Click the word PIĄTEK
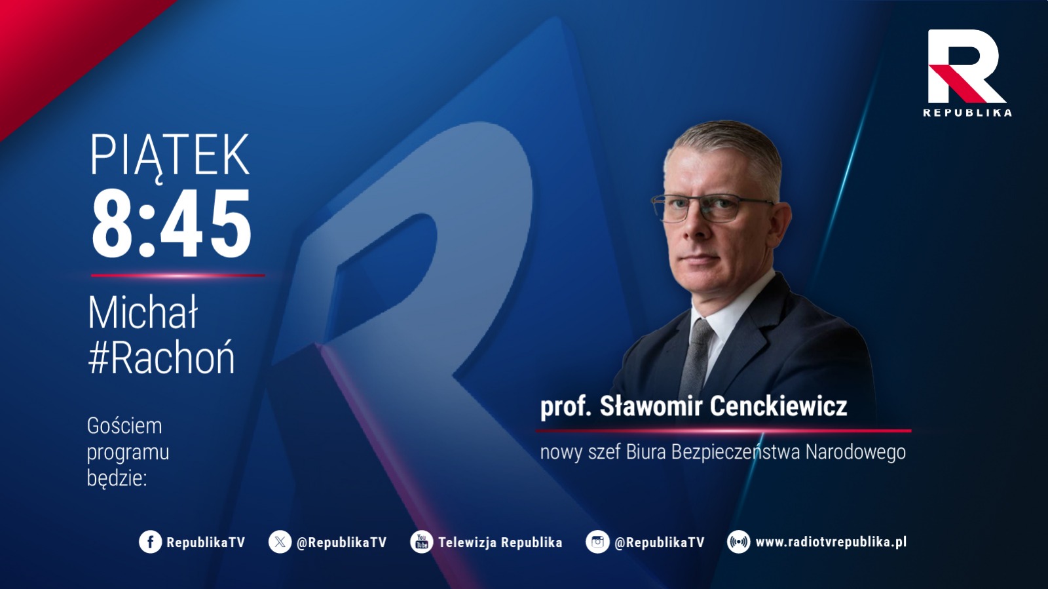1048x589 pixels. click(170, 155)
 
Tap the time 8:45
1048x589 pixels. click(172, 223)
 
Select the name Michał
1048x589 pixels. click(143, 313)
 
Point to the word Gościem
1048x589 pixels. click(124, 427)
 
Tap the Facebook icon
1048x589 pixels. click(150, 542)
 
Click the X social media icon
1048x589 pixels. click(280, 542)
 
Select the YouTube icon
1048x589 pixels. click(422, 542)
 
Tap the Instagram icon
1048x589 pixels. click(597, 542)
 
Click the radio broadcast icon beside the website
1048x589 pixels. click(738, 542)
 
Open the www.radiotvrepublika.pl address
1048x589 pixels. click(831, 542)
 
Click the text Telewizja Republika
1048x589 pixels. click(500, 542)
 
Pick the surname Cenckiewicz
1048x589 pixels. click(779, 406)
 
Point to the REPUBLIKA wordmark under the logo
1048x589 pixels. click(967, 112)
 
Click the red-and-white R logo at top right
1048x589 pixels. click(966, 66)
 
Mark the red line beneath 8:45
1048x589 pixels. click(178, 276)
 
